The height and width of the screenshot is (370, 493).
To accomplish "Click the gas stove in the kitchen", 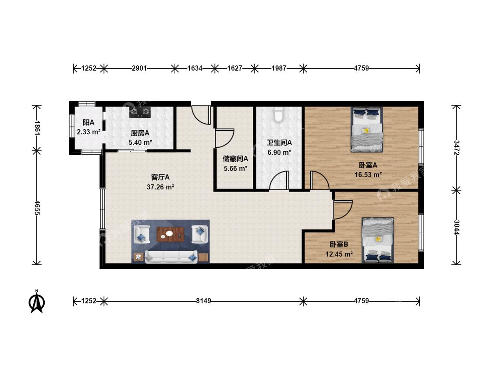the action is tap(140, 112).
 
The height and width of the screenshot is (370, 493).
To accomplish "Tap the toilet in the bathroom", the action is tap(279, 114).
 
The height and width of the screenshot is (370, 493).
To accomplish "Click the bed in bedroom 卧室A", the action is tap(367, 130).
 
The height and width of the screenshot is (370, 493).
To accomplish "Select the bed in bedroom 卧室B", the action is tap(378, 240).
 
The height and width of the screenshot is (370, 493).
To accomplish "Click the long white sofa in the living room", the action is tap(171, 257).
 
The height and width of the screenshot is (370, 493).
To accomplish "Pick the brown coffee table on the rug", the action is tap(170, 235).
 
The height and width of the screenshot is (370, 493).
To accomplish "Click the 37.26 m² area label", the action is tap(160, 187).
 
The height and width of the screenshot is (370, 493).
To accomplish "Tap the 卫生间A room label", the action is tap(279, 143).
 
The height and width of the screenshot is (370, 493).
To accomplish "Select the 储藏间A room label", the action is tap(235, 159).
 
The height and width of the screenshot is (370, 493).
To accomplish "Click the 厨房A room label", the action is tap(140, 133).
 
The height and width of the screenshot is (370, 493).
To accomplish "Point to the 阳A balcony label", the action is tap(89, 122).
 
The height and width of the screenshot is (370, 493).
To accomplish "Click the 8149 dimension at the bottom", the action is tap(204, 301).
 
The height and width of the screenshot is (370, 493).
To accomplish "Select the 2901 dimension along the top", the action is tap(139, 68).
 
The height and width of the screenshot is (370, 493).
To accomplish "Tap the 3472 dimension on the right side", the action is tap(457, 148).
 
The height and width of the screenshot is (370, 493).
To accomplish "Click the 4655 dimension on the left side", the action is tap(37, 208).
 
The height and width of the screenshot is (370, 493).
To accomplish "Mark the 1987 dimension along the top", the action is tap(279, 68).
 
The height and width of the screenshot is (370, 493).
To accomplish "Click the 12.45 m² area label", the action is tap(339, 254).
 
